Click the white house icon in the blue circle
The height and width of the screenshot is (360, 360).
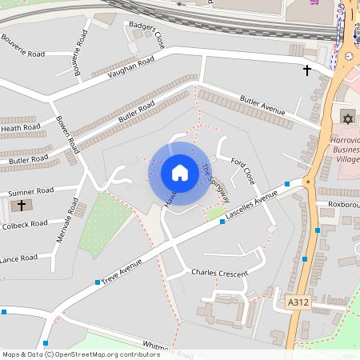tap(179, 172)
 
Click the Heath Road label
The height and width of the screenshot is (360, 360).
tap(20, 128)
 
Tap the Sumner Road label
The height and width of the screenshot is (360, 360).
tap(30, 191)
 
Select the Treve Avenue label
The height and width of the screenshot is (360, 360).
tap(121, 270)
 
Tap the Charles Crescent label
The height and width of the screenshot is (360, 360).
tap(219, 272)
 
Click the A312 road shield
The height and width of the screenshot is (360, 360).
tap(298, 302)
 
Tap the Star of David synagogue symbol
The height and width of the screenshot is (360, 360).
tap(346, 118)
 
